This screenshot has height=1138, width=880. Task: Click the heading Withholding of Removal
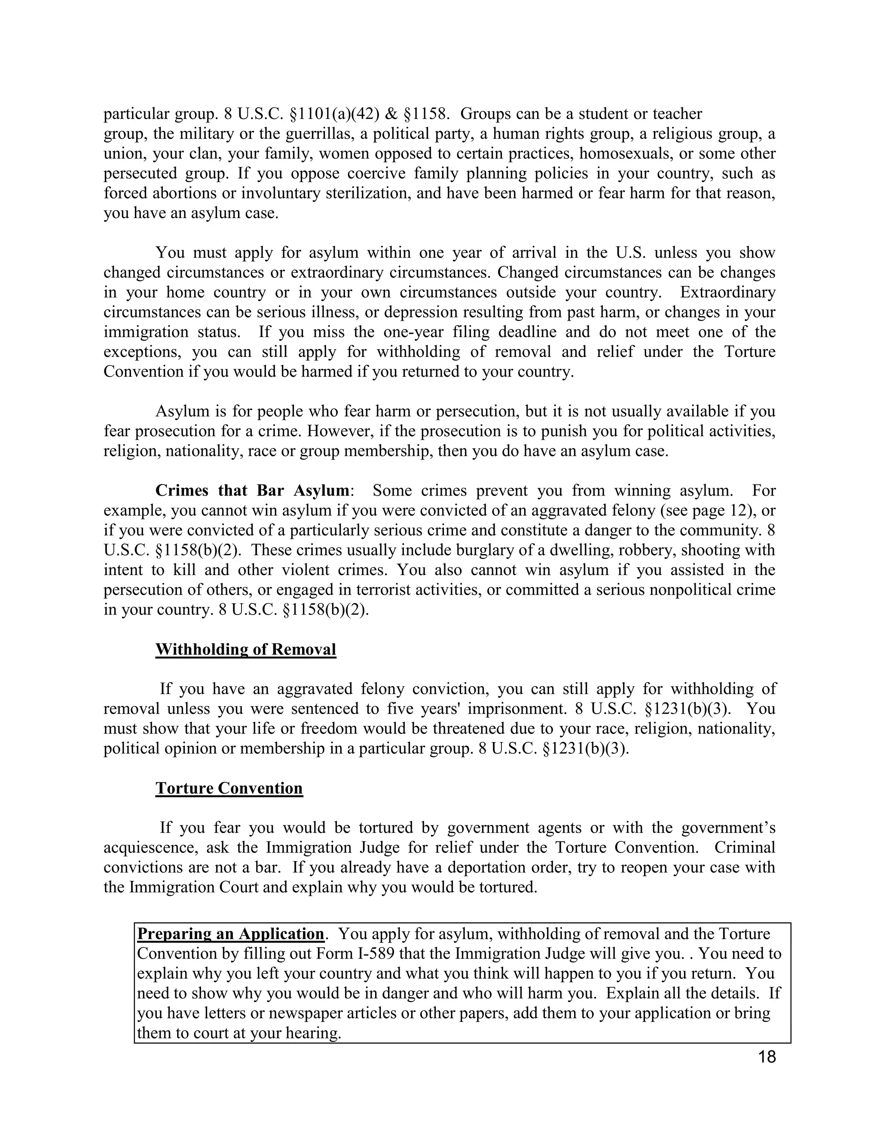pyautogui.click(x=245, y=649)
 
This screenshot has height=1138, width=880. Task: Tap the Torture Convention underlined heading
pyautogui.click(x=229, y=788)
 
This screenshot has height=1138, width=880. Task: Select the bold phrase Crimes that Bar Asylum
pyautogui.click(x=252, y=490)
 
